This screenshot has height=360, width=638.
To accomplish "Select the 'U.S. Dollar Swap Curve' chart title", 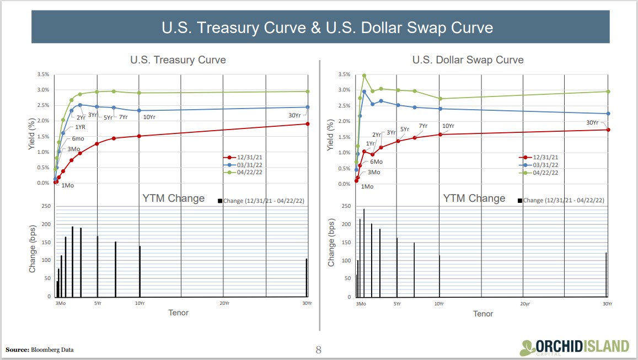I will (468, 60).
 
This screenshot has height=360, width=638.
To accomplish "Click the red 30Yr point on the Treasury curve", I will (308, 123).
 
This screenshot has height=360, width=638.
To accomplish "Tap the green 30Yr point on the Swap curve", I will (608, 92).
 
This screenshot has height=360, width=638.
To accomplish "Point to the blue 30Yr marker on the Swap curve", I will (608, 114).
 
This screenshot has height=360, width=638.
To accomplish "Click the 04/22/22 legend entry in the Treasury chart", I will (243, 173).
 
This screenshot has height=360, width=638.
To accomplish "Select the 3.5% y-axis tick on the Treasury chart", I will (42, 74).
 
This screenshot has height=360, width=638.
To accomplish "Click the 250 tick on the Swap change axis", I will (346, 206).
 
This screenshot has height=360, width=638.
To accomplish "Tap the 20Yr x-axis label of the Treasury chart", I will (224, 303).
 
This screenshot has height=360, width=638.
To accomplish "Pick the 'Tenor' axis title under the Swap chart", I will (483, 314).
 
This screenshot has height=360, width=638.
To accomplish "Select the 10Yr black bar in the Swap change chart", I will (439, 276).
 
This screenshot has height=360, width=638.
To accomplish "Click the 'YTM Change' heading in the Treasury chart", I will (174, 198).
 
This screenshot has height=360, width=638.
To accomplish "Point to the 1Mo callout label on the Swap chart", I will (367, 186).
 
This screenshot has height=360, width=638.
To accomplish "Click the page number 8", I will (318, 350).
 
